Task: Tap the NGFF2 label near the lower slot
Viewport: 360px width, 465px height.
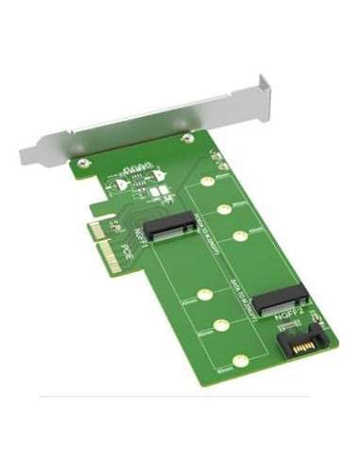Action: tap(289, 320)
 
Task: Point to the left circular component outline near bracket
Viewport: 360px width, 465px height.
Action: tap(119, 185)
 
